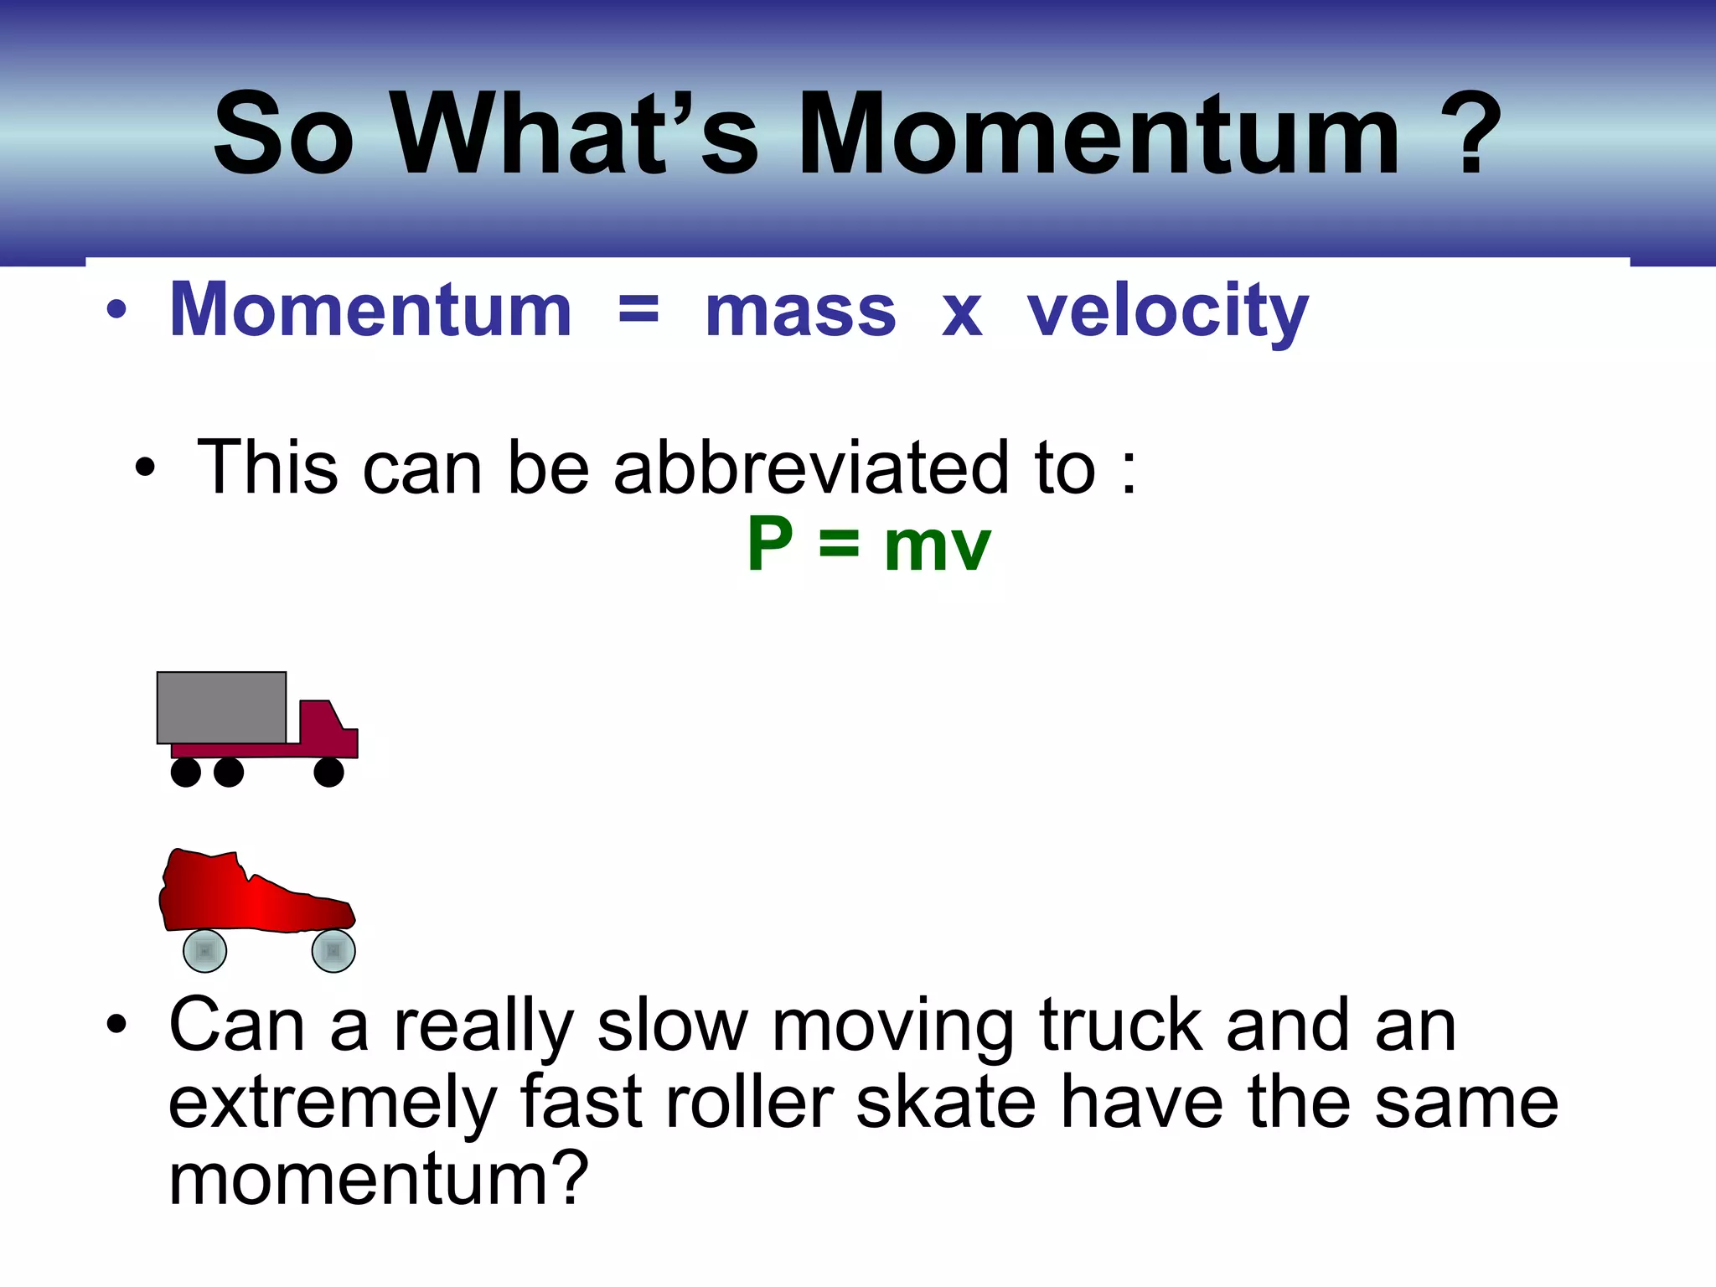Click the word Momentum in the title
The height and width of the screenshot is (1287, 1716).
click(x=1098, y=134)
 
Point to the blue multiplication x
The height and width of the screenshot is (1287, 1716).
click(x=961, y=314)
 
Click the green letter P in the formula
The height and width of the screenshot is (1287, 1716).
click(x=769, y=545)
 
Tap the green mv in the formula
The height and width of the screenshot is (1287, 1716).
click(x=937, y=549)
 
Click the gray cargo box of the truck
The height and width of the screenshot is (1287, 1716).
click(x=221, y=707)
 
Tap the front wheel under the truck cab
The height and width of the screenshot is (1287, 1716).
click(x=328, y=772)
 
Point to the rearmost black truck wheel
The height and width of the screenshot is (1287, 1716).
click(x=185, y=772)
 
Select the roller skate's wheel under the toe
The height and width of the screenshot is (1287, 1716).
click(x=333, y=951)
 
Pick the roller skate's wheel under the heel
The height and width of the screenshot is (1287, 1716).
click(x=204, y=951)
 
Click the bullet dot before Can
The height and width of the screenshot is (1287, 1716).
click(x=116, y=1024)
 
